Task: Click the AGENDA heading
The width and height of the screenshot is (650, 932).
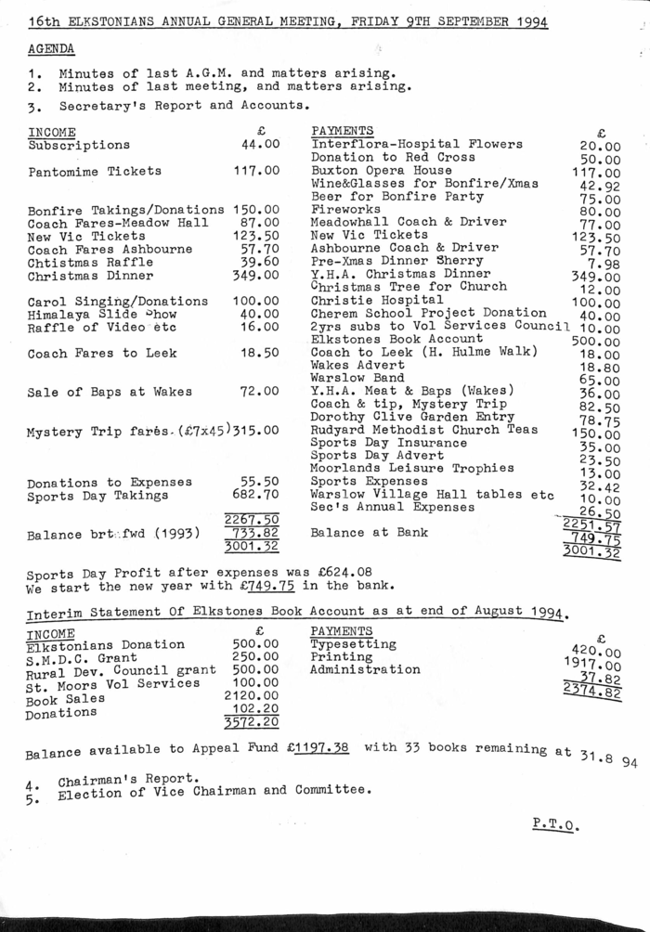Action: (x=52, y=48)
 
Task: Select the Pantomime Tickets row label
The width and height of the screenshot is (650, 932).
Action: (x=95, y=172)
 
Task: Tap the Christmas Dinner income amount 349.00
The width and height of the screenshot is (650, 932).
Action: (x=256, y=276)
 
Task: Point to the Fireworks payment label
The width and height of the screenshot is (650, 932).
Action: (x=345, y=210)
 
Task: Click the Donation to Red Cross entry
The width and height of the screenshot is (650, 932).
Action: (x=393, y=158)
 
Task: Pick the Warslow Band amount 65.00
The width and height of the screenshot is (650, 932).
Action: (x=601, y=381)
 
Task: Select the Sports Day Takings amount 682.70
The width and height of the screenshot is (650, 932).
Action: (x=256, y=497)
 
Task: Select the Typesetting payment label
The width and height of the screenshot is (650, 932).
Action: (x=353, y=644)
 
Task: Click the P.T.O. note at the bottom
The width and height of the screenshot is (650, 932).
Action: (x=557, y=822)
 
